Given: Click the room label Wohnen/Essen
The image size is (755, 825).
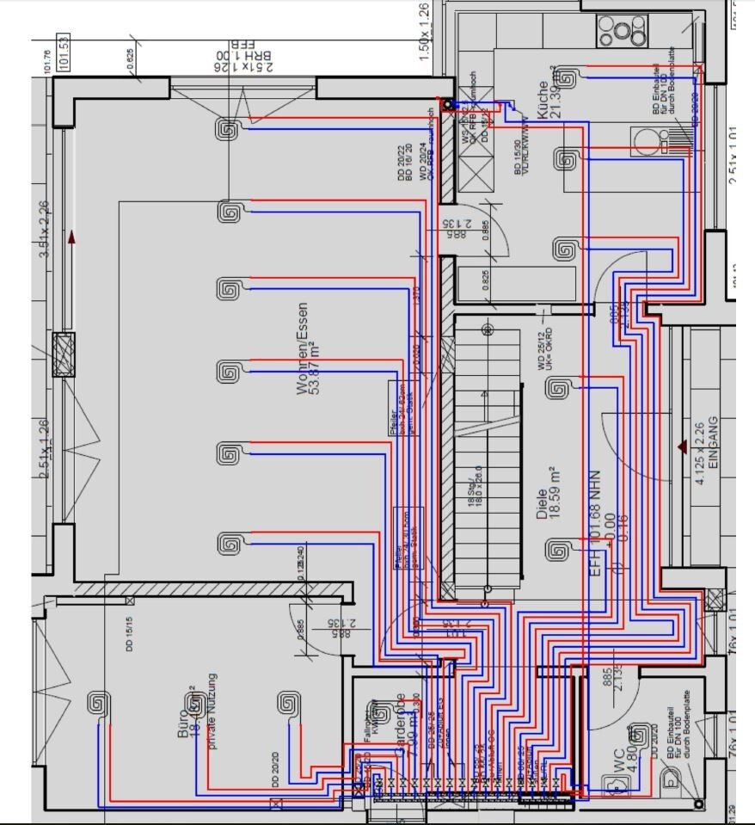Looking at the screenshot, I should point(302,348).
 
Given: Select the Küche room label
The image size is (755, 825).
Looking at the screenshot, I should point(541,100).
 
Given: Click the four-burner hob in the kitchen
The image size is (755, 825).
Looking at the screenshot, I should point(617,32).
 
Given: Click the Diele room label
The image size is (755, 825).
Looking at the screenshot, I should point(541,493).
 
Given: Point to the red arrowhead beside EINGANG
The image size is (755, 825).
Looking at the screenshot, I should point(683,446).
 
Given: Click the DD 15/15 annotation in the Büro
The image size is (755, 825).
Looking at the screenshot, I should point(129,635).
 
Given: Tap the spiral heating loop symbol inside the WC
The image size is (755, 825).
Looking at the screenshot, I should point(639,734).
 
